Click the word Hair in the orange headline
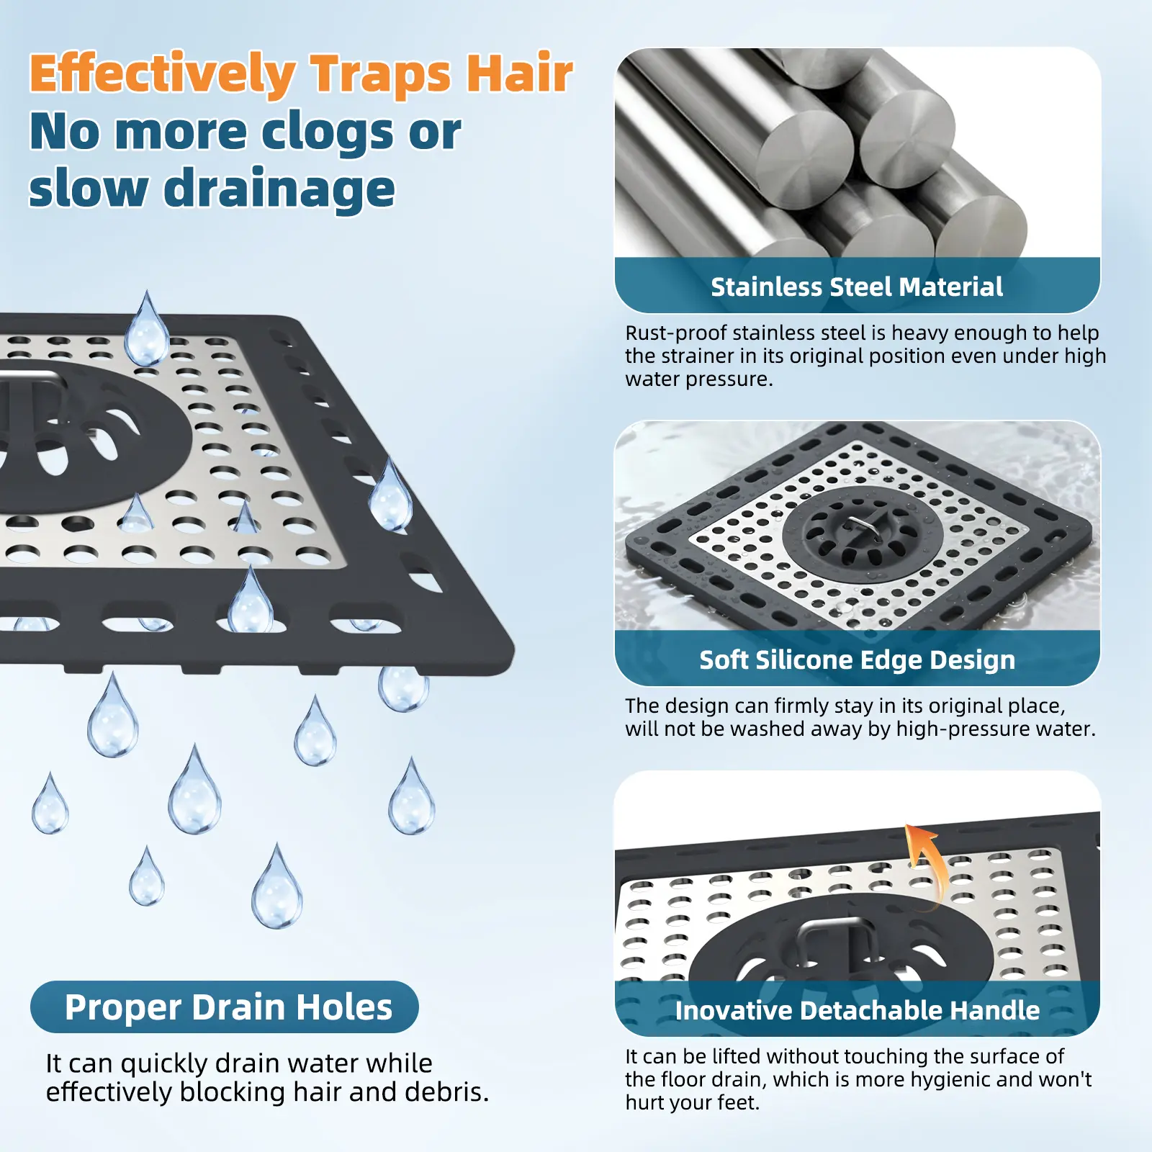pos(519,73)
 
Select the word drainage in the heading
pos(280,189)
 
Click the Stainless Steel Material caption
pos(857,287)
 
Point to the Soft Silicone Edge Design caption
pos(858,660)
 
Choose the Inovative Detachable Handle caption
pos(858,1010)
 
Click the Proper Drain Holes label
pos(228,1007)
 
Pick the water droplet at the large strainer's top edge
pos(147,329)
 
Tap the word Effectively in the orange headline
pos(163,74)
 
